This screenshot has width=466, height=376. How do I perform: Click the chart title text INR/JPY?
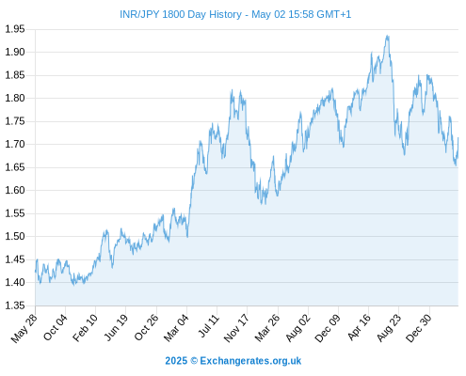(139, 15)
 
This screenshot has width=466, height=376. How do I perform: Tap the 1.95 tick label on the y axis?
(15, 29)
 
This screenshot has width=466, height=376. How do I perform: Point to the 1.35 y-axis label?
(15, 305)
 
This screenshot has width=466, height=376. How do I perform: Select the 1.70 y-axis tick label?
(15, 144)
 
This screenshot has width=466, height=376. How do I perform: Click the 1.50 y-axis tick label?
(15, 236)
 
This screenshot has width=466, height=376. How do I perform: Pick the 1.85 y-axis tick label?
(15, 75)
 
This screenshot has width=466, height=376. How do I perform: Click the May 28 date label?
(24, 328)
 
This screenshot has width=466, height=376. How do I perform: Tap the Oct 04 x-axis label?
(56, 327)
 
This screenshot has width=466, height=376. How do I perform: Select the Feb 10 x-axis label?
(85, 327)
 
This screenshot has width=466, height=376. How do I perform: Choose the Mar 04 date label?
(176, 327)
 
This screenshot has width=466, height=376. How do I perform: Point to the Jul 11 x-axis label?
(209, 326)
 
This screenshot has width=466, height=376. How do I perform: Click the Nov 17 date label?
(236, 328)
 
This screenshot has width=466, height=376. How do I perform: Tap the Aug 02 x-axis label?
(297, 328)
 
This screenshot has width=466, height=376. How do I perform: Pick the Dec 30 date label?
(419, 328)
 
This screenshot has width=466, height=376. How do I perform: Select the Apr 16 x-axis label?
(359, 327)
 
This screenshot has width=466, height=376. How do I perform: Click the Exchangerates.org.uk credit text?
(250, 361)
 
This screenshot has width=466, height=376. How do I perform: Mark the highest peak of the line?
(388, 36)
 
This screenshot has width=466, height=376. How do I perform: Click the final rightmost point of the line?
(458, 137)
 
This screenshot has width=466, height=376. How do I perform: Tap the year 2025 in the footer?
(176, 361)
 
